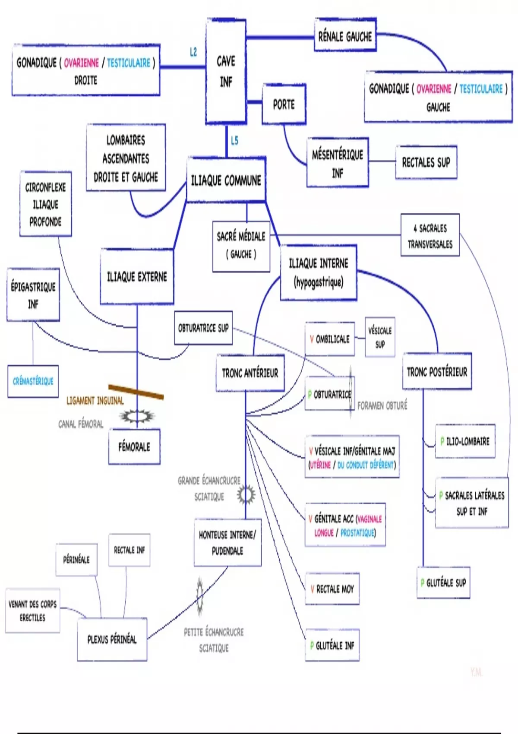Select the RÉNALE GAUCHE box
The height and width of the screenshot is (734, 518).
pos(345,36)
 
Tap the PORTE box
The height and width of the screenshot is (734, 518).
pos(284,104)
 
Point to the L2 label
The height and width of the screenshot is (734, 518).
pos(193,52)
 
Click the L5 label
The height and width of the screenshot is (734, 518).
pos(234,141)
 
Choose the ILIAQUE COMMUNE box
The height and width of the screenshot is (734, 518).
pos(226,180)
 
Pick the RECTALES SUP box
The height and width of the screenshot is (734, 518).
pos(426,162)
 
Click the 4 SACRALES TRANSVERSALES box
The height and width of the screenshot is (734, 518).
pos(430,236)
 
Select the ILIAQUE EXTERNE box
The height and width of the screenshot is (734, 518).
pos(137,277)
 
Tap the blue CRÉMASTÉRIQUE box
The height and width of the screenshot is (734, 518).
pos(33,381)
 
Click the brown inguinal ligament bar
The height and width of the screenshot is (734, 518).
pos(136,392)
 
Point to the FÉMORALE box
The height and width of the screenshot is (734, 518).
pos(134,447)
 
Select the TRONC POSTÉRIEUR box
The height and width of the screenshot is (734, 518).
pos(437,372)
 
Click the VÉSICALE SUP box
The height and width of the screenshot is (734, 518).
pos(380,337)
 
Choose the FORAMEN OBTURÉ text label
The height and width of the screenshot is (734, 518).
pos(382,406)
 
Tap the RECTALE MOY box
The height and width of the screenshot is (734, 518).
pos(332,589)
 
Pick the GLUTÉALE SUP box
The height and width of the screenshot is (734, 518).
pos(443,583)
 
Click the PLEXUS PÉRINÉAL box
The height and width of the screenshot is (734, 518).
pos(112,639)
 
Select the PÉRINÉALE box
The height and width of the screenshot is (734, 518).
pos(76,560)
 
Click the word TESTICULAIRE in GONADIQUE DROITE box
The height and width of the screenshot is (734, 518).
pos(129,63)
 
